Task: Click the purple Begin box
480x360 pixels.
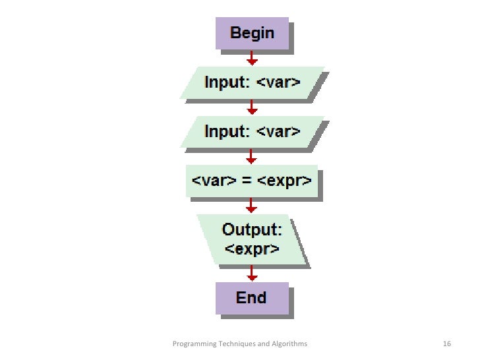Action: (x=252, y=33)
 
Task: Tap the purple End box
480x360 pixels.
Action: (x=252, y=298)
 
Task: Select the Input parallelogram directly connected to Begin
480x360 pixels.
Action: (x=252, y=83)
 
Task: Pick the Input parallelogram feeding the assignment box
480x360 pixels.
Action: (x=252, y=131)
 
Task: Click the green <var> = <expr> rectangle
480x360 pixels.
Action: (x=251, y=179)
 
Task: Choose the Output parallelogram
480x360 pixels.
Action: (x=251, y=239)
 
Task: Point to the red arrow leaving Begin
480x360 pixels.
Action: (x=251, y=58)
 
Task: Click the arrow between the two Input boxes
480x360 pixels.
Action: (x=251, y=107)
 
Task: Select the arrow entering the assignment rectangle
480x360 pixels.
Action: (x=251, y=156)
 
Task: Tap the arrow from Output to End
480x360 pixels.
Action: (x=251, y=272)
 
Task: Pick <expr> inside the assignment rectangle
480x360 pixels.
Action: (x=286, y=180)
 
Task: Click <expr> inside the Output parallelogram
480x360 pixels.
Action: (x=251, y=249)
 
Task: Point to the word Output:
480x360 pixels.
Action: (x=252, y=230)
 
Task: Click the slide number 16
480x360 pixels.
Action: (x=446, y=344)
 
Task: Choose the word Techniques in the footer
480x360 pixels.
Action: (x=235, y=344)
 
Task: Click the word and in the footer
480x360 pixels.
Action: (x=263, y=344)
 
